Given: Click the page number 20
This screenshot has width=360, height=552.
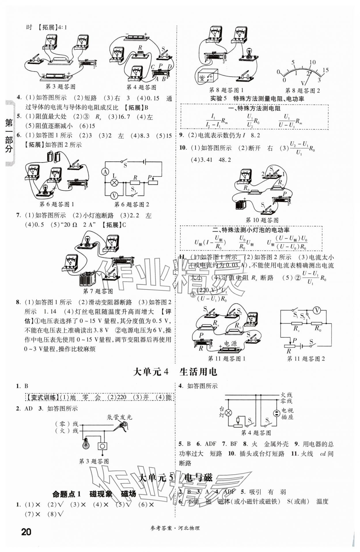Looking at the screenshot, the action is (26, 532).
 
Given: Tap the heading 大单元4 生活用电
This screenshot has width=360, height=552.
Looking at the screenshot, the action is (175, 372).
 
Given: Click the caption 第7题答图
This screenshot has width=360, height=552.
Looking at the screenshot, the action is (98, 291).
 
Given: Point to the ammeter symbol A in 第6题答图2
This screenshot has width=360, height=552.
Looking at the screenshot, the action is (105, 172).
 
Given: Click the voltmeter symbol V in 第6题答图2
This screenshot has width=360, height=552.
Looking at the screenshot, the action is (114, 196).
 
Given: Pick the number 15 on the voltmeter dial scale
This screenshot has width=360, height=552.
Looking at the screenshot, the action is (325, 70).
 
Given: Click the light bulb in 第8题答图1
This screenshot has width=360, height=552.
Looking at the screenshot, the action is (248, 52).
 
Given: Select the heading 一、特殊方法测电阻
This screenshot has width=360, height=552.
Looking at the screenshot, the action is (254, 108).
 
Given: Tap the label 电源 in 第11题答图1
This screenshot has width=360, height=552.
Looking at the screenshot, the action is (230, 344).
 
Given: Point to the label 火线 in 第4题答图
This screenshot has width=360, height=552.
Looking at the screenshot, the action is (286, 395).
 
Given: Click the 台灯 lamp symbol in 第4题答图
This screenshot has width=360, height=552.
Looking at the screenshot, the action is (228, 413).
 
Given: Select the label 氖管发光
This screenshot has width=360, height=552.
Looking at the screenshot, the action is (119, 417).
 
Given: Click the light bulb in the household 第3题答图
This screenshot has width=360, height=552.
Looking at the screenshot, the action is (86, 444).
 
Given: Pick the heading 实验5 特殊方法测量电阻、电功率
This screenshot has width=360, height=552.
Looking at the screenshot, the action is (257, 99).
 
